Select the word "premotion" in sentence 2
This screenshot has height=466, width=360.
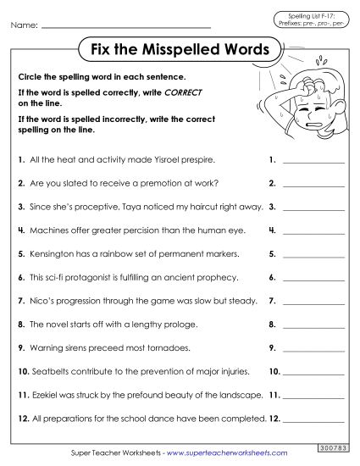coord(165,182)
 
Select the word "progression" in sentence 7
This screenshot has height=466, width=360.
coord(79,301)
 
